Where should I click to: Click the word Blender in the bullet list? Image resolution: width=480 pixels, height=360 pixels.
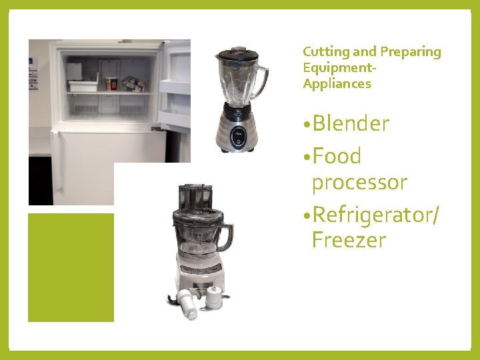click(351, 124)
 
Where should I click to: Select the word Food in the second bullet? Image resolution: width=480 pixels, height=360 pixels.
click(337, 157)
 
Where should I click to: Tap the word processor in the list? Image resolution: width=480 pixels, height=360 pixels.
click(359, 182)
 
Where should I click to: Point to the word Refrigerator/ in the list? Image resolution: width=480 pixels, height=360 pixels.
click(375, 215)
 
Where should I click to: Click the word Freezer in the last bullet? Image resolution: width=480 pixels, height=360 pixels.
click(349, 240)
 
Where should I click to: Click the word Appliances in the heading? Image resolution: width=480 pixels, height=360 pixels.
click(337, 84)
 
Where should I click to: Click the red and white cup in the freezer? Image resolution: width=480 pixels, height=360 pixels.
click(111, 83)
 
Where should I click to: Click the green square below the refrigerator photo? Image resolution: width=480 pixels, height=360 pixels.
click(71, 267)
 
